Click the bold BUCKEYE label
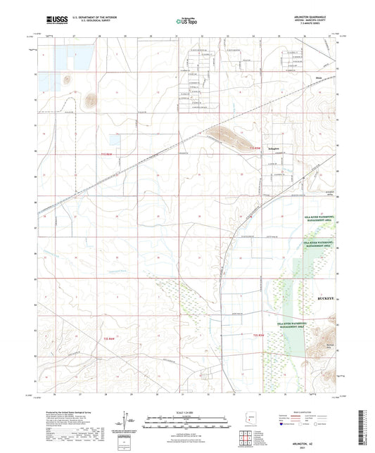point(318,298)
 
